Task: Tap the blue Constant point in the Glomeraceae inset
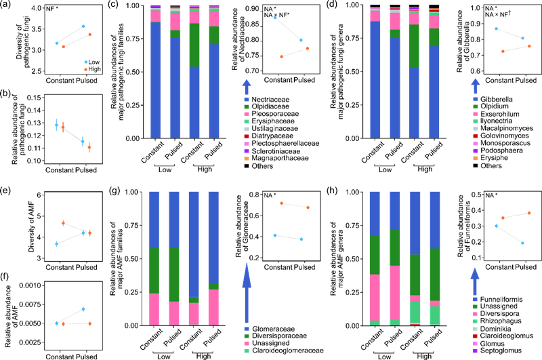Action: tap(274, 235)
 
